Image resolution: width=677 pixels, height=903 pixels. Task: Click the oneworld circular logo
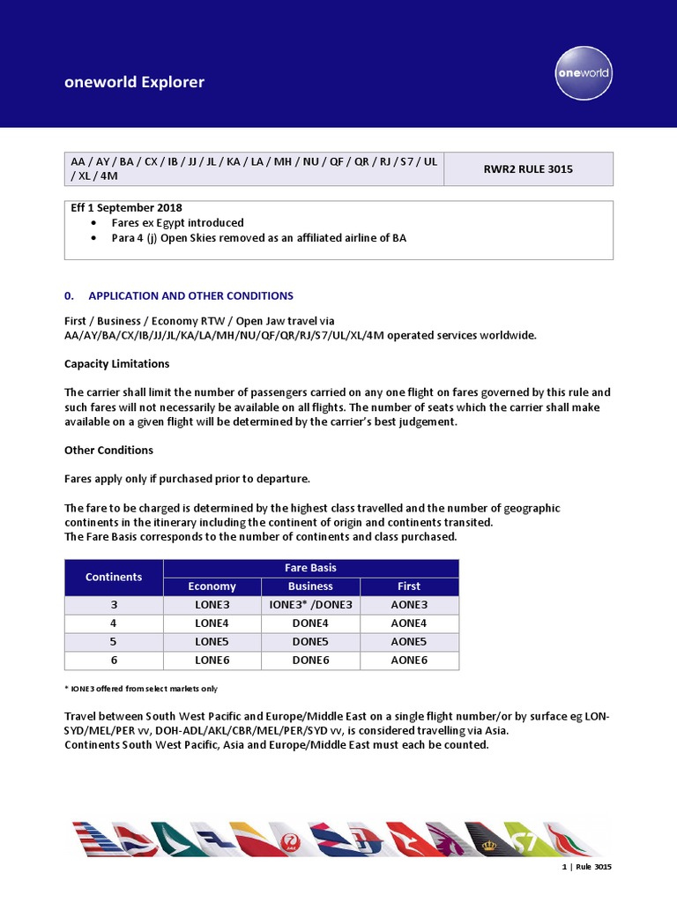coord(584,72)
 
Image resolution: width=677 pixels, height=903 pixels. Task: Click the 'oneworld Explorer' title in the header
coord(134,82)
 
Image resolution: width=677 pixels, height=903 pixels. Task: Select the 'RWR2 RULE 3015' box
coord(528,168)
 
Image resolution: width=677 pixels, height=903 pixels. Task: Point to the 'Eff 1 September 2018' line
coord(126,208)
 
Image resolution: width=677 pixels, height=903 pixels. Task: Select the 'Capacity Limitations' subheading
coord(117,363)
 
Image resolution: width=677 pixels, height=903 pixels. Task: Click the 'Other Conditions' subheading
coord(108,450)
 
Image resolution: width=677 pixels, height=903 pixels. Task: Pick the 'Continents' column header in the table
coord(114,577)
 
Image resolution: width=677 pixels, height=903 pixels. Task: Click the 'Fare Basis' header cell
coord(311,568)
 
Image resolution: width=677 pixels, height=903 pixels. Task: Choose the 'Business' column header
coord(310,586)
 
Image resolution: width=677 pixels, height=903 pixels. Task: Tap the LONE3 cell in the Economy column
coord(212,604)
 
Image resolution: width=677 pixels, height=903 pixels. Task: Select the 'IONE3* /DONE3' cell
coord(310,604)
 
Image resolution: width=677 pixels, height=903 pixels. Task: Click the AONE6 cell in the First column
coord(409,660)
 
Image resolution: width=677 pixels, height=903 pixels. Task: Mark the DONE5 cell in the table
coord(310,641)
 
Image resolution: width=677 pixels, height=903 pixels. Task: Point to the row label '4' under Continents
coord(114,623)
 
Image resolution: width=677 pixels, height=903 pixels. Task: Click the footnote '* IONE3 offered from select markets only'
coord(141,689)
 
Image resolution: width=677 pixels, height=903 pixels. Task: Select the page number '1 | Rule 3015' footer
coord(586,867)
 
